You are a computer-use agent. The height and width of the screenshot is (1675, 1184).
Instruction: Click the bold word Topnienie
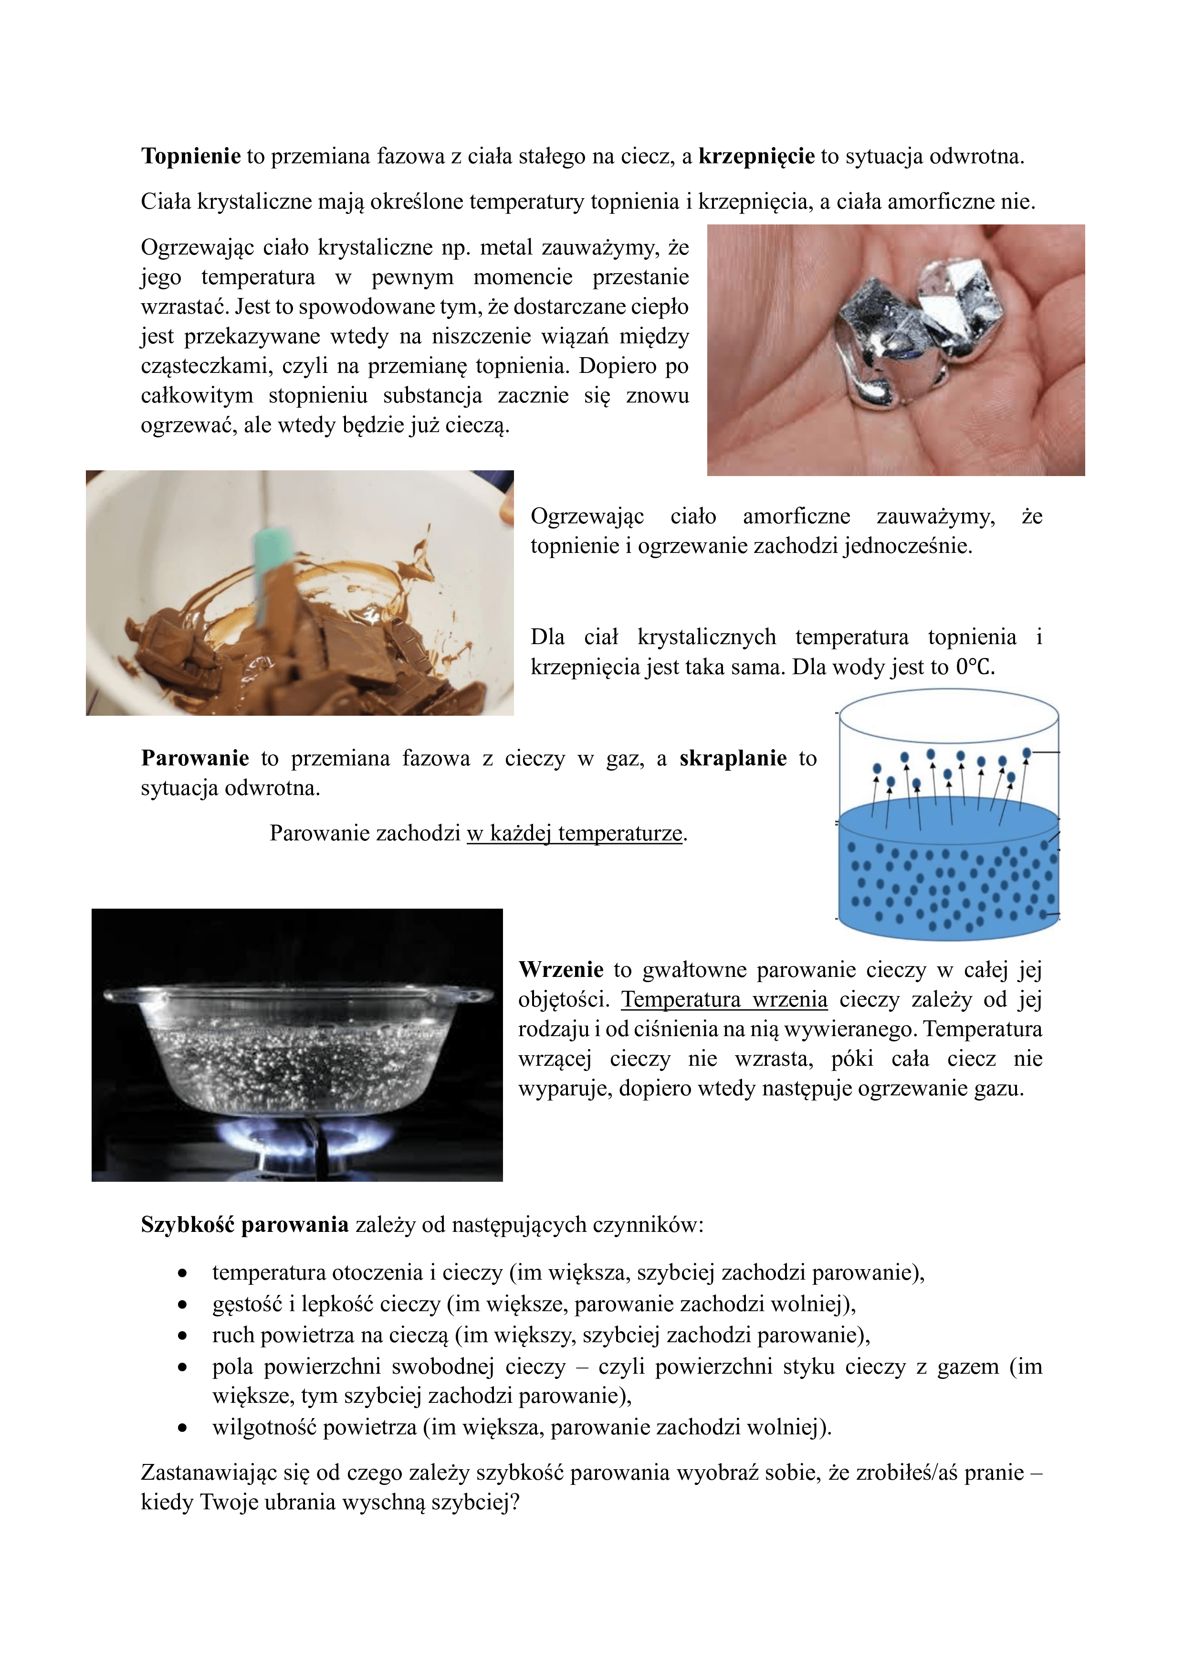pos(190,156)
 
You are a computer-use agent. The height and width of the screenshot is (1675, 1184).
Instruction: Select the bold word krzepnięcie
pos(756,156)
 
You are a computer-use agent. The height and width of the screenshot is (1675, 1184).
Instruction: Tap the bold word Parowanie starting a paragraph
pos(195,759)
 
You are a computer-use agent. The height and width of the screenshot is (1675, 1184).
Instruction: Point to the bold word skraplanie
pos(733,759)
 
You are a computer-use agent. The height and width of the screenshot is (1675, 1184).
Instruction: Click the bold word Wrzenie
pos(561,970)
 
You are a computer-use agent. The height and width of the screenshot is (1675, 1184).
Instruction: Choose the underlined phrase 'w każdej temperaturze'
pos(575,833)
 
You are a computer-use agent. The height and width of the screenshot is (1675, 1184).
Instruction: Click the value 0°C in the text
pos(975,668)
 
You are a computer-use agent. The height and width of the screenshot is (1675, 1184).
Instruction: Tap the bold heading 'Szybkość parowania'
pos(244,1225)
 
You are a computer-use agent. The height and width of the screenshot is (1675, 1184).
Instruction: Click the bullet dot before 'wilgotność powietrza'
pos(182,1428)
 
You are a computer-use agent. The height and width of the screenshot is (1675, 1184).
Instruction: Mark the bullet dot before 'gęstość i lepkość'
pos(182,1304)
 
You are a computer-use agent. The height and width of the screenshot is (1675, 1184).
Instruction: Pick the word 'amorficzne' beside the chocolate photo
pos(796,517)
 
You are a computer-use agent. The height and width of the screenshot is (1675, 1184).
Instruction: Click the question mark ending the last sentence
pos(515,1503)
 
